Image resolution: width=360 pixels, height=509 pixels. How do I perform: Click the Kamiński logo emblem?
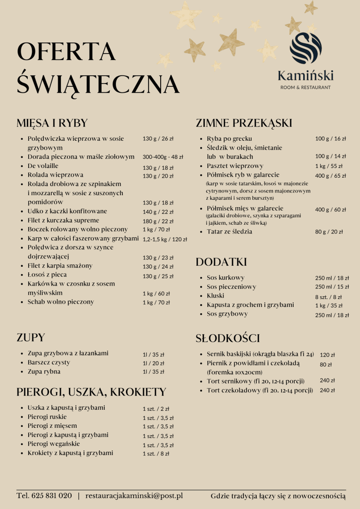[x=306, y=48]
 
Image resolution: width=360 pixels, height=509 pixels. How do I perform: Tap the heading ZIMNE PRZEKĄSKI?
[x=244, y=123]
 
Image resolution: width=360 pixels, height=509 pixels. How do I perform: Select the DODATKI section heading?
[x=221, y=262]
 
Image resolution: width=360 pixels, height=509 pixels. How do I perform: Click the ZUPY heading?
[x=31, y=337]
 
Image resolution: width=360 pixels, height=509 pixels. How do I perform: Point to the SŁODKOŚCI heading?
[x=228, y=338]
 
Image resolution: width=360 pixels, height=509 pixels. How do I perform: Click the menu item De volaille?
[x=43, y=166]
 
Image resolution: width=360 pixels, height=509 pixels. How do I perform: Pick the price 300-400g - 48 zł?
[x=163, y=157]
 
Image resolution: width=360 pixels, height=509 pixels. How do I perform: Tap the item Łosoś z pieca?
[x=47, y=275]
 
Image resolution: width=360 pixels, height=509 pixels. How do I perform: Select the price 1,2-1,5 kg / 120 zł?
[x=165, y=240]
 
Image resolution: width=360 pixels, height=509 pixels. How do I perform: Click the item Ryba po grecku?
[x=229, y=138]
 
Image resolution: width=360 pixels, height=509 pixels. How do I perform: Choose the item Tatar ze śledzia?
[x=229, y=231]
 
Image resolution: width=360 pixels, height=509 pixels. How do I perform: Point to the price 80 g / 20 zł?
[x=329, y=232]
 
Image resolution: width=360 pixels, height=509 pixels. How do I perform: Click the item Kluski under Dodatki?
[x=216, y=295]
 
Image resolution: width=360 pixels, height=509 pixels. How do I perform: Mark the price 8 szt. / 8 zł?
[x=329, y=297]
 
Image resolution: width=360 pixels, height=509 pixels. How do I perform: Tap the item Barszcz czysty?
[x=49, y=362]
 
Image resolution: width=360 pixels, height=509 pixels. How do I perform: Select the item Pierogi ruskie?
[x=47, y=417]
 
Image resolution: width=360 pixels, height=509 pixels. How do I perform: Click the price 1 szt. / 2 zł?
[x=156, y=408]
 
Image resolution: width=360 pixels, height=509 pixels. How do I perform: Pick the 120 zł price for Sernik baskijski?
[x=327, y=355]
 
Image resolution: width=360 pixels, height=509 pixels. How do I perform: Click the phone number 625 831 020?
[x=51, y=496]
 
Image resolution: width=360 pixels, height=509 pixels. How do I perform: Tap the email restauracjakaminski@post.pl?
[x=134, y=496]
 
